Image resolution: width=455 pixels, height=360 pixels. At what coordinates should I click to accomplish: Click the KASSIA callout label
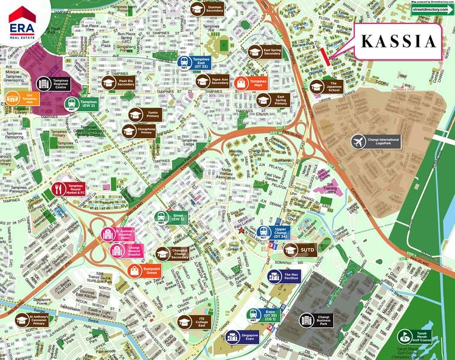(x=397, y=41)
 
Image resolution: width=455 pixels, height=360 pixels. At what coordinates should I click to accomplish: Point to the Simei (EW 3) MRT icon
(x=161, y=217)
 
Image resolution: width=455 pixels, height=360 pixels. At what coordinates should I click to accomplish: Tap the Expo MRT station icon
(x=254, y=314)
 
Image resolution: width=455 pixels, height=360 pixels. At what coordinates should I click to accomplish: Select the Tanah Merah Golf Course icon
(x=405, y=338)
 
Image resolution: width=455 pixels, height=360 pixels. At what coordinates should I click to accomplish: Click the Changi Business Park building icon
(x=307, y=320)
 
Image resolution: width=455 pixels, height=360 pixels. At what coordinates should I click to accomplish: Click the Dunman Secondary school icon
(x=197, y=9)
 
